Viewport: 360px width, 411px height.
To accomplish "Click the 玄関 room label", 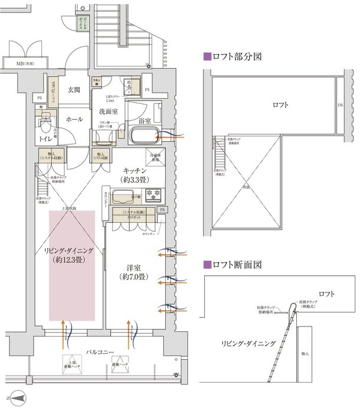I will [x=74, y=90].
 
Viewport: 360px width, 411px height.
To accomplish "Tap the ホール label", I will [x=74, y=119].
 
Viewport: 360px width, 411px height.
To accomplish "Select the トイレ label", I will [x=45, y=138].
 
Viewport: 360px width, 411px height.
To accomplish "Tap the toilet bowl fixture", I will [x=44, y=125].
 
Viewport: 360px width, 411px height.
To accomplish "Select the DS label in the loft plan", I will [x=341, y=105].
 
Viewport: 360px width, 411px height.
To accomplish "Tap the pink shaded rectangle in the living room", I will [x=72, y=265].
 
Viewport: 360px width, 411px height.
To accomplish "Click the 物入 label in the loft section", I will [x=304, y=354].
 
